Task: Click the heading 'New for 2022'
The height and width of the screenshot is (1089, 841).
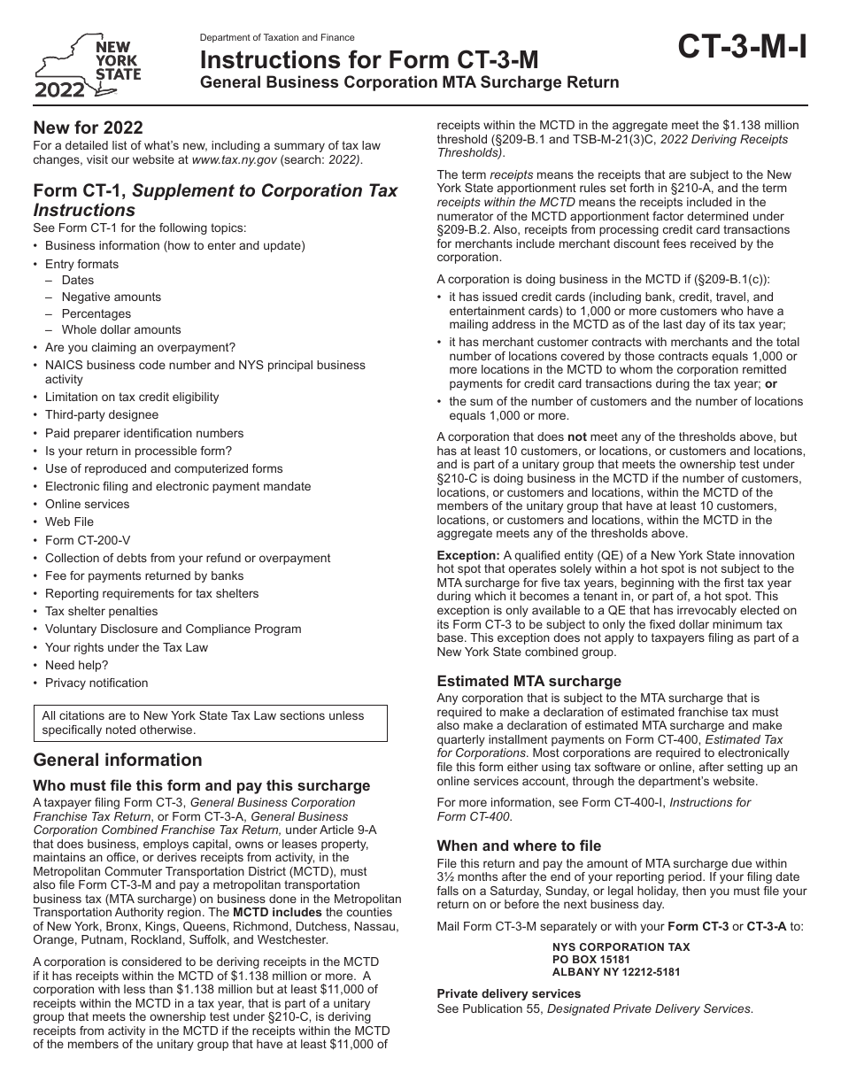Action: pyautogui.click(x=88, y=127)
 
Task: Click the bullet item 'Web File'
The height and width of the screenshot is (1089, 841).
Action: pyautogui.click(x=69, y=522)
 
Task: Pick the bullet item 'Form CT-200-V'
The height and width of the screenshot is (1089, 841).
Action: pyautogui.click(x=87, y=540)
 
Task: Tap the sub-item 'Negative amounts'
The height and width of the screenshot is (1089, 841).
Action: pyautogui.click(x=111, y=297)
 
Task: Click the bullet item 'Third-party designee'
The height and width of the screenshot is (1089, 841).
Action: pyautogui.click(x=102, y=415)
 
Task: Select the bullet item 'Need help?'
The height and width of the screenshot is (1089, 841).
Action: pyautogui.click(x=76, y=665)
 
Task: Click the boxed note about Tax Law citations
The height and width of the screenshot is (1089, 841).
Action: pyautogui.click(x=210, y=722)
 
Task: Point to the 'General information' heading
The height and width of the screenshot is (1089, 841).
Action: pyautogui.click(x=117, y=760)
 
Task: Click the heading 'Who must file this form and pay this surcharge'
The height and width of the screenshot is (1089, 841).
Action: pyautogui.click(x=201, y=785)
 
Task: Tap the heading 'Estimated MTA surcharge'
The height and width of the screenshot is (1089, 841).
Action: pyautogui.click(x=529, y=682)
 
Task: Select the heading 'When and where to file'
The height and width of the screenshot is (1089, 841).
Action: pyautogui.click(x=519, y=846)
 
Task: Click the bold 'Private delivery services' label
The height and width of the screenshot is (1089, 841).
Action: pyautogui.click(x=508, y=993)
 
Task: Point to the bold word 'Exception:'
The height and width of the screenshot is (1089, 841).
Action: pyautogui.click(x=468, y=555)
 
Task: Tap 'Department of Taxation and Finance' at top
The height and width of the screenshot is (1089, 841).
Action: pyautogui.click(x=277, y=38)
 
